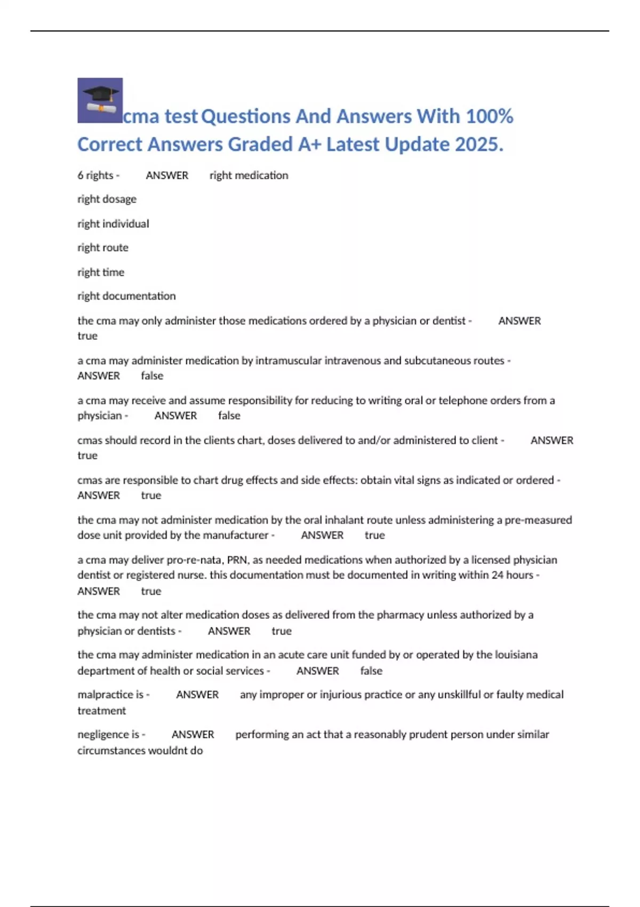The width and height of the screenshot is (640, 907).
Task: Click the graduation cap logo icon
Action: (x=100, y=100)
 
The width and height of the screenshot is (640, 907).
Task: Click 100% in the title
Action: (x=490, y=116)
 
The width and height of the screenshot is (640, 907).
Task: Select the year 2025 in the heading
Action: (x=477, y=145)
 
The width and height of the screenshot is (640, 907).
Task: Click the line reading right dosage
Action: (x=107, y=199)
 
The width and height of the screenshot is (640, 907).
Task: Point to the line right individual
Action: (x=113, y=224)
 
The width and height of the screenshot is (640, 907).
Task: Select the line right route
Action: (x=103, y=248)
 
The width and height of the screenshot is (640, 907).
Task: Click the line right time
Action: (x=101, y=272)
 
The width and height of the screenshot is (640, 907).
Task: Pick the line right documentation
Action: (x=126, y=296)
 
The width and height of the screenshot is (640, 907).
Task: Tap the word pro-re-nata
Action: (x=195, y=560)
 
